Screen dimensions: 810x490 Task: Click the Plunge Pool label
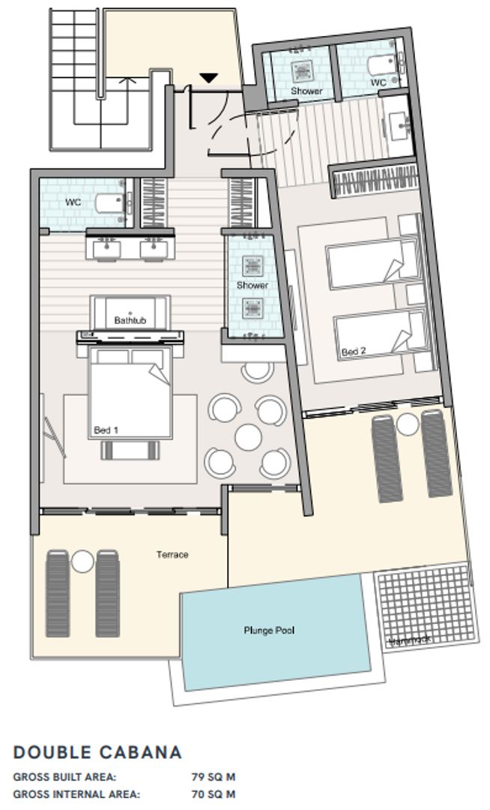(x=269, y=630)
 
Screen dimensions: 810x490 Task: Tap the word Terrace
(x=172, y=555)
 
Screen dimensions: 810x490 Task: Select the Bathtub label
(x=130, y=320)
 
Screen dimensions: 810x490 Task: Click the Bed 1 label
(x=106, y=430)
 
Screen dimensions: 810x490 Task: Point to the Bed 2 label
(x=354, y=351)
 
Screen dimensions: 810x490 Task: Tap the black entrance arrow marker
(x=208, y=77)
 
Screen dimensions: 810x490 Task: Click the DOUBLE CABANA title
(x=97, y=752)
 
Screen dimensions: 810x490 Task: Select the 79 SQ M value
(x=214, y=777)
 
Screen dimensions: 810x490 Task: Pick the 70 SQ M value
(x=214, y=793)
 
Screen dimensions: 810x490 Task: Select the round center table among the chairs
(x=246, y=436)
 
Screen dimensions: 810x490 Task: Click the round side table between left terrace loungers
(x=82, y=560)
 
